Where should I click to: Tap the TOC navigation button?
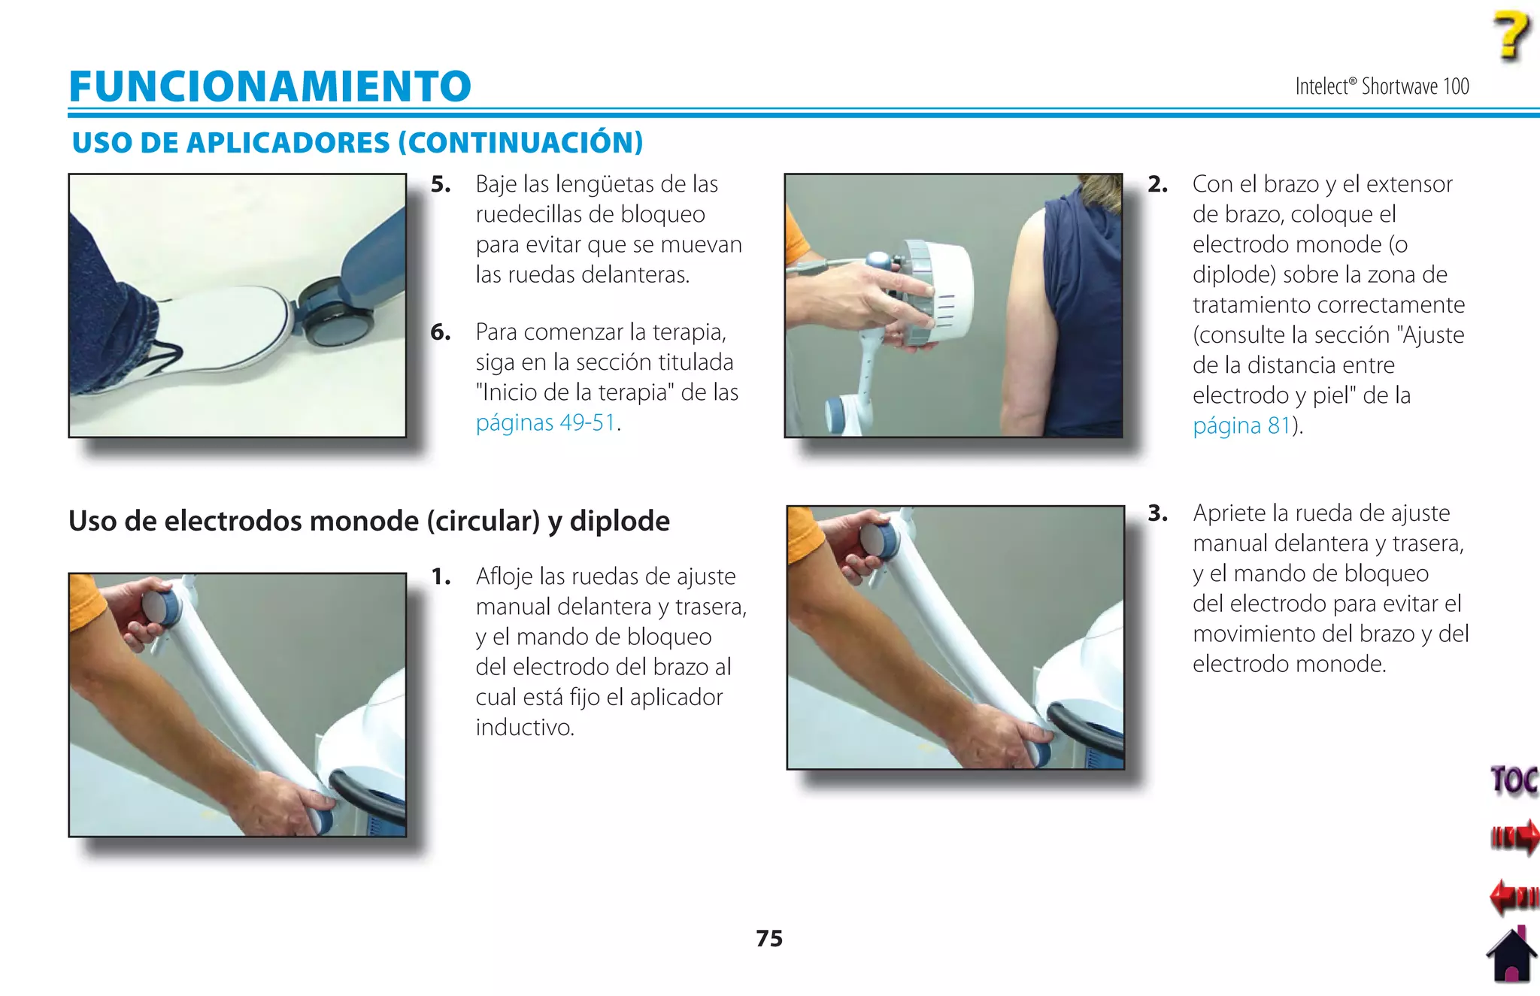click(1513, 780)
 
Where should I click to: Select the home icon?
click(1511, 955)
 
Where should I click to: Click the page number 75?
click(769, 938)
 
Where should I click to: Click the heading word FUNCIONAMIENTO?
click(270, 86)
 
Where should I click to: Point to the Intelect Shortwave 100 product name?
click(1381, 86)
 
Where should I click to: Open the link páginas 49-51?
click(546, 422)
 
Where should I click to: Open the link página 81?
click(1241, 425)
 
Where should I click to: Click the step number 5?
click(441, 184)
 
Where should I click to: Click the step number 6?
click(441, 331)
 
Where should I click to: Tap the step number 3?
click(1157, 513)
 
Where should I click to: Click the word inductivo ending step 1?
click(525, 727)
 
